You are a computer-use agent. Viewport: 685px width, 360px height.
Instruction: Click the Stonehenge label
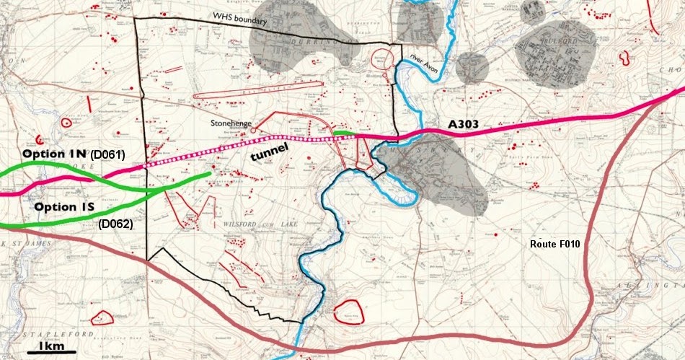tap(231, 123)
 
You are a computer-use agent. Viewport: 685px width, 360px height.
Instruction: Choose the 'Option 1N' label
tap(53, 154)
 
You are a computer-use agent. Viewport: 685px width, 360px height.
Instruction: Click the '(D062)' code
tap(115, 224)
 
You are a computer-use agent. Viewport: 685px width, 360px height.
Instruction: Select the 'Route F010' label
tap(555, 245)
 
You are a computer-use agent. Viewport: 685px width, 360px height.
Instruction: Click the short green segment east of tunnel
tap(343, 133)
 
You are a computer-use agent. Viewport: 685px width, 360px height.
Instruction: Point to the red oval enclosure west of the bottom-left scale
tap(102, 317)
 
